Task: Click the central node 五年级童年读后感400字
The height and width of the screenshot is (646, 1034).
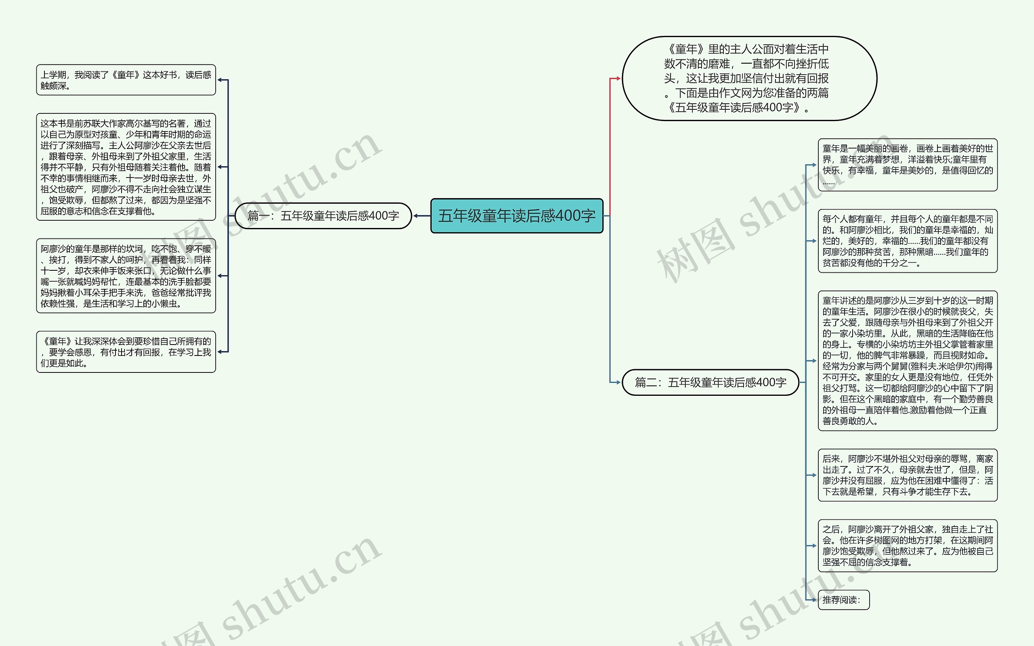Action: coord(517,216)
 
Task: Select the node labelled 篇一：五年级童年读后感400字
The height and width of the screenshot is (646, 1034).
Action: coord(323,216)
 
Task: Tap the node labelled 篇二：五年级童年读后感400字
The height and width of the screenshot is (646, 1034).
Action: coord(710,383)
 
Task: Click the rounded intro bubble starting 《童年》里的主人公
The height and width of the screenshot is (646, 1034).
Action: coord(749,78)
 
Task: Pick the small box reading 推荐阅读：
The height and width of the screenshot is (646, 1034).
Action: coord(843,600)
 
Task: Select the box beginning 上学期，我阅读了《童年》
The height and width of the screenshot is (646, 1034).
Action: coord(126,80)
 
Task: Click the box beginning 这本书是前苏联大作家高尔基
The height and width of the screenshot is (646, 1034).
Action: coord(126,167)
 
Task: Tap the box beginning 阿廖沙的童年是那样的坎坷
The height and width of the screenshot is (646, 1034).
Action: coord(126,276)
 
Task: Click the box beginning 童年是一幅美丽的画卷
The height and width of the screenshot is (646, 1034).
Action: coord(908,165)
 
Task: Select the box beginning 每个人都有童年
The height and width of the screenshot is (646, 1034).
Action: coord(908,241)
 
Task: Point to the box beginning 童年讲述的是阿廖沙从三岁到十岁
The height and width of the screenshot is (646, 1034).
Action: coord(908,361)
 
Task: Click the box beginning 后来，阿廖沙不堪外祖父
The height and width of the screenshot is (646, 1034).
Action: coord(908,475)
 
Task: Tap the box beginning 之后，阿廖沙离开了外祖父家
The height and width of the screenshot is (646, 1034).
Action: coord(908,546)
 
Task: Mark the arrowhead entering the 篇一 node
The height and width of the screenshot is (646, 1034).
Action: coord(416,216)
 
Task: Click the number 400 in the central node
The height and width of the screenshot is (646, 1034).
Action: coord(567,216)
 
